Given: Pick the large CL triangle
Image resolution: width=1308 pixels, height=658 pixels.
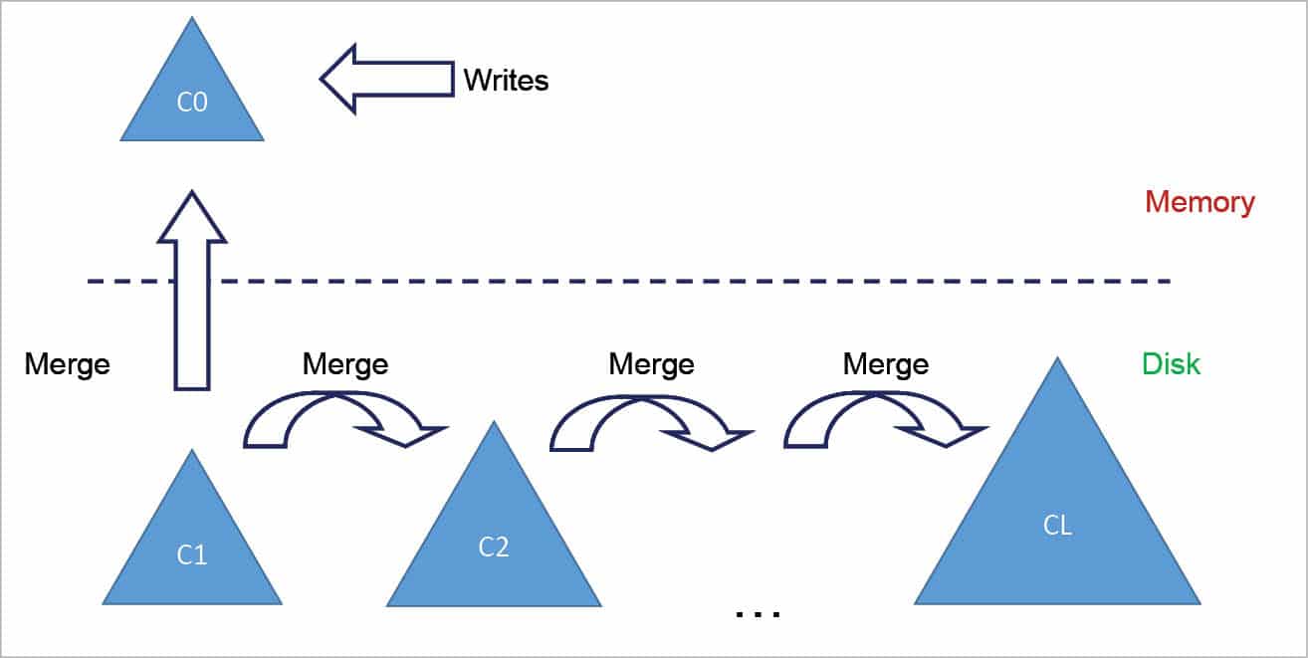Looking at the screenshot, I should [1057, 518].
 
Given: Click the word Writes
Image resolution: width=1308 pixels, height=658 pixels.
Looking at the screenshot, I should [506, 80].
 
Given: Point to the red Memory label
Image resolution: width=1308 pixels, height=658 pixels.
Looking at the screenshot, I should [1199, 202].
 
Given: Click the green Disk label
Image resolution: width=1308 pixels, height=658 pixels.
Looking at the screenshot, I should [1171, 363].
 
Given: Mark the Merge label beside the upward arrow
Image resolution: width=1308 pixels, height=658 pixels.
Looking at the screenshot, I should [67, 364].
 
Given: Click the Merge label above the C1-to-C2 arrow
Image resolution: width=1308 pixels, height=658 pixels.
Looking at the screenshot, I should [344, 364].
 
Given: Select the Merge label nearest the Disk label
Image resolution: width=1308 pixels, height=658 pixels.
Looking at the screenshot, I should [885, 364].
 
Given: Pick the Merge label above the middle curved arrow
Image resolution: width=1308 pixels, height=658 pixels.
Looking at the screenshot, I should [651, 364].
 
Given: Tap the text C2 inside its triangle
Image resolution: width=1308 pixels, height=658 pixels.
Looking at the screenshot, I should [494, 547].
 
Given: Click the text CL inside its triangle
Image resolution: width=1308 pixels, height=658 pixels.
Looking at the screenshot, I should [1057, 526].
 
